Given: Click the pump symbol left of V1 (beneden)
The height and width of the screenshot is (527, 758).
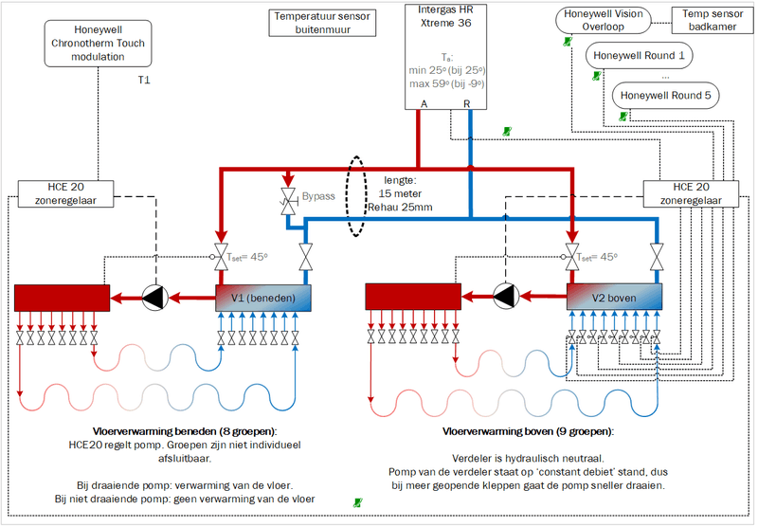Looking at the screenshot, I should click(154, 298).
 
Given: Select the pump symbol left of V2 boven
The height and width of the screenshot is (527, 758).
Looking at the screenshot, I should click(504, 298).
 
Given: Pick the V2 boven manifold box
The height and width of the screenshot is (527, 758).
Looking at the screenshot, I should click(614, 298).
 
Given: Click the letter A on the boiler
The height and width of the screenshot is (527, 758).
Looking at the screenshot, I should click(424, 102).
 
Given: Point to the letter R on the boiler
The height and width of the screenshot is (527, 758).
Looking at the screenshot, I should click(466, 102).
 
